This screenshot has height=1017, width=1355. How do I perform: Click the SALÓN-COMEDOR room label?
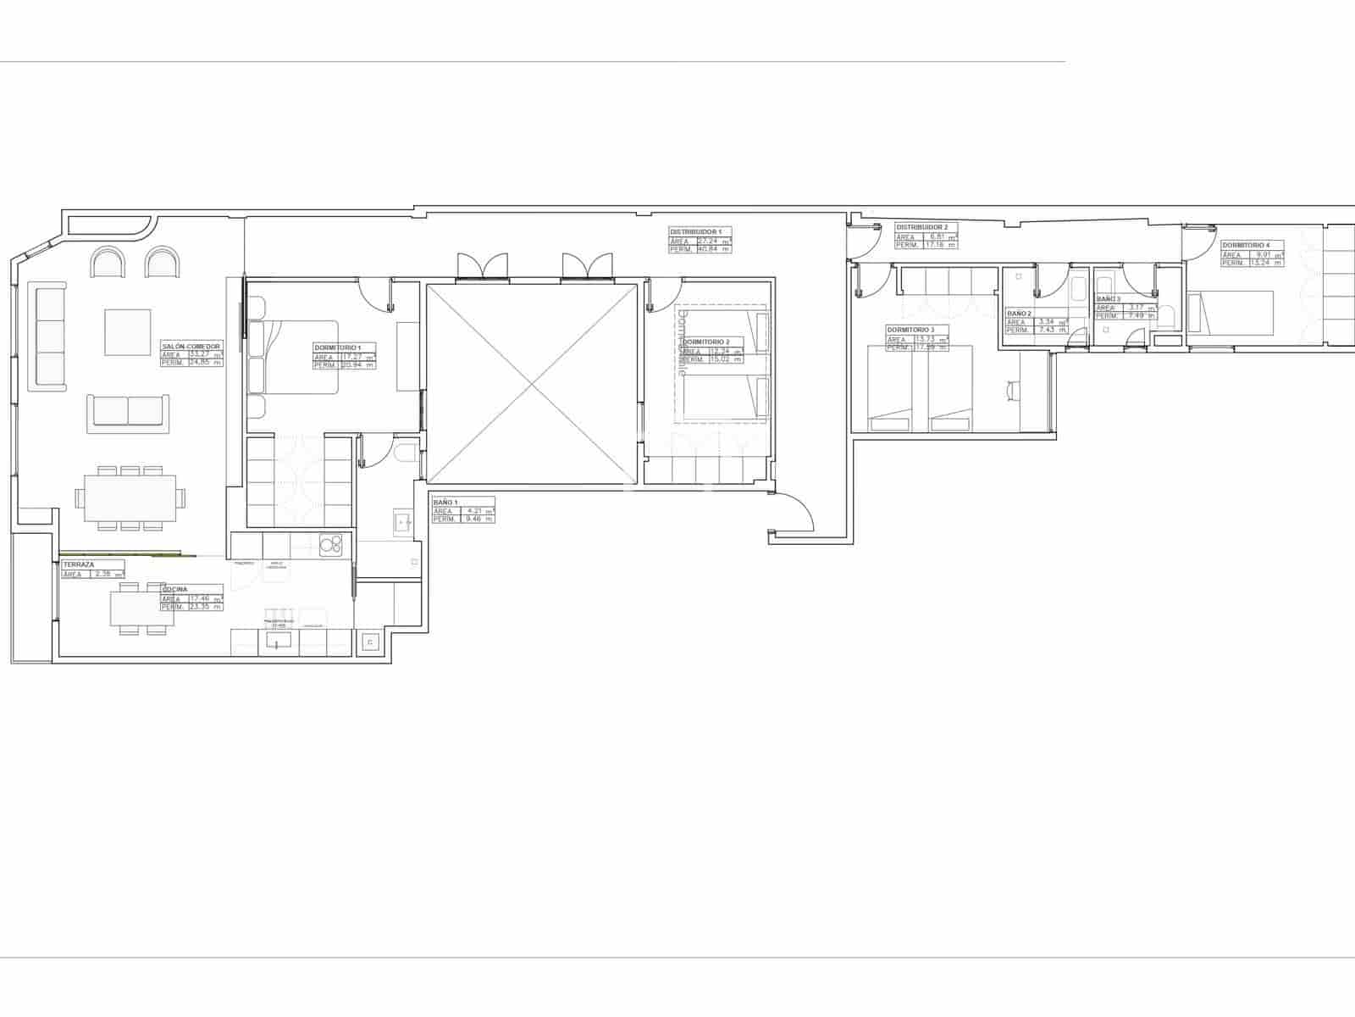191,347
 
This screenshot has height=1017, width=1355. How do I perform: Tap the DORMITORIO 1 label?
337,348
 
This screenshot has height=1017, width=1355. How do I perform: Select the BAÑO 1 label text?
445,502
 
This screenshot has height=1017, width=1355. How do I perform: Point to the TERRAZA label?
78,564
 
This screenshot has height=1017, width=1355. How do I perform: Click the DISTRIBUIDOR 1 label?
695,231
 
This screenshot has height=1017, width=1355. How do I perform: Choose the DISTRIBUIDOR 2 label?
921,227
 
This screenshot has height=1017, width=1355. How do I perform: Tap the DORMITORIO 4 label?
1246,245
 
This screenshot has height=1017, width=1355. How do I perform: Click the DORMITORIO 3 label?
910,330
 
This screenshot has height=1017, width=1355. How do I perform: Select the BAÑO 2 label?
1019,313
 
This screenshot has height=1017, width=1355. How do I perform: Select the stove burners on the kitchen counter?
330,543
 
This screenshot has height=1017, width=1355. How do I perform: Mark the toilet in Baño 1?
405,453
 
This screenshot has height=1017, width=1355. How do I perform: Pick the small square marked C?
369,643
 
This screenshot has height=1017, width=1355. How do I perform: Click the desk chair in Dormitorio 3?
1013,391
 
